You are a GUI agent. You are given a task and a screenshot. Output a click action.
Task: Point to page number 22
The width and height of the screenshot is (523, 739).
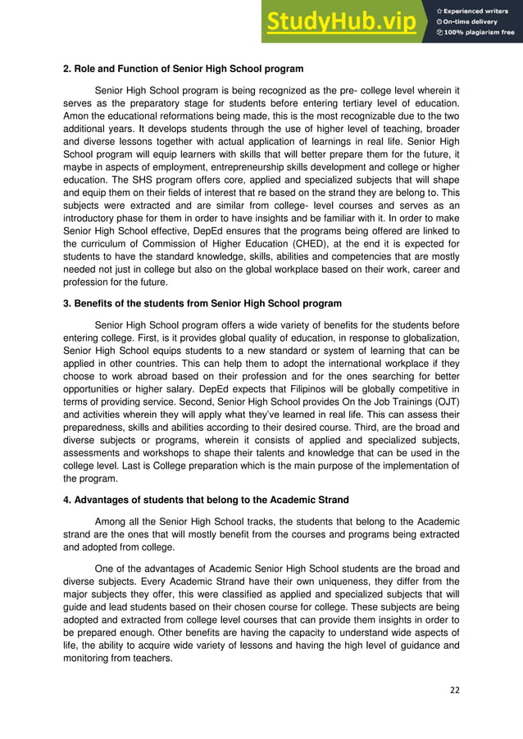coord(454,690)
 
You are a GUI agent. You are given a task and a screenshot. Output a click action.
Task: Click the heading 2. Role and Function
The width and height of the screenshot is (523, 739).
coord(184,67)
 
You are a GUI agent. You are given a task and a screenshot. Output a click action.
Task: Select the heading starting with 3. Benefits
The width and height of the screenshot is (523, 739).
coord(202,303)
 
